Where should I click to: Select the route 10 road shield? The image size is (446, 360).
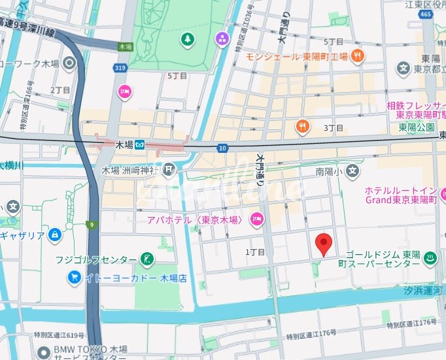(223, 149)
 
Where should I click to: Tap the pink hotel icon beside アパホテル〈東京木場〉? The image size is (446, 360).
(257, 220)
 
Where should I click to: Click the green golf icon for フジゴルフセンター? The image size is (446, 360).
(148, 260)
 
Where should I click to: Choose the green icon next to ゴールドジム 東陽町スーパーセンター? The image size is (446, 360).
(431, 258)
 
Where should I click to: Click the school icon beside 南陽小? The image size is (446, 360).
(353, 172)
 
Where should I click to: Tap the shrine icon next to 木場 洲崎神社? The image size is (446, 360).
(169, 171)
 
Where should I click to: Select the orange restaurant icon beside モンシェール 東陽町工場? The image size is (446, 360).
(357, 56)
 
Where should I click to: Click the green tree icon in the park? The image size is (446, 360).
(188, 39)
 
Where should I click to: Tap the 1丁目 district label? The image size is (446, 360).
(255, 252)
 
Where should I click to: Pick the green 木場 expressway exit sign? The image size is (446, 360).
(125, 47)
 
